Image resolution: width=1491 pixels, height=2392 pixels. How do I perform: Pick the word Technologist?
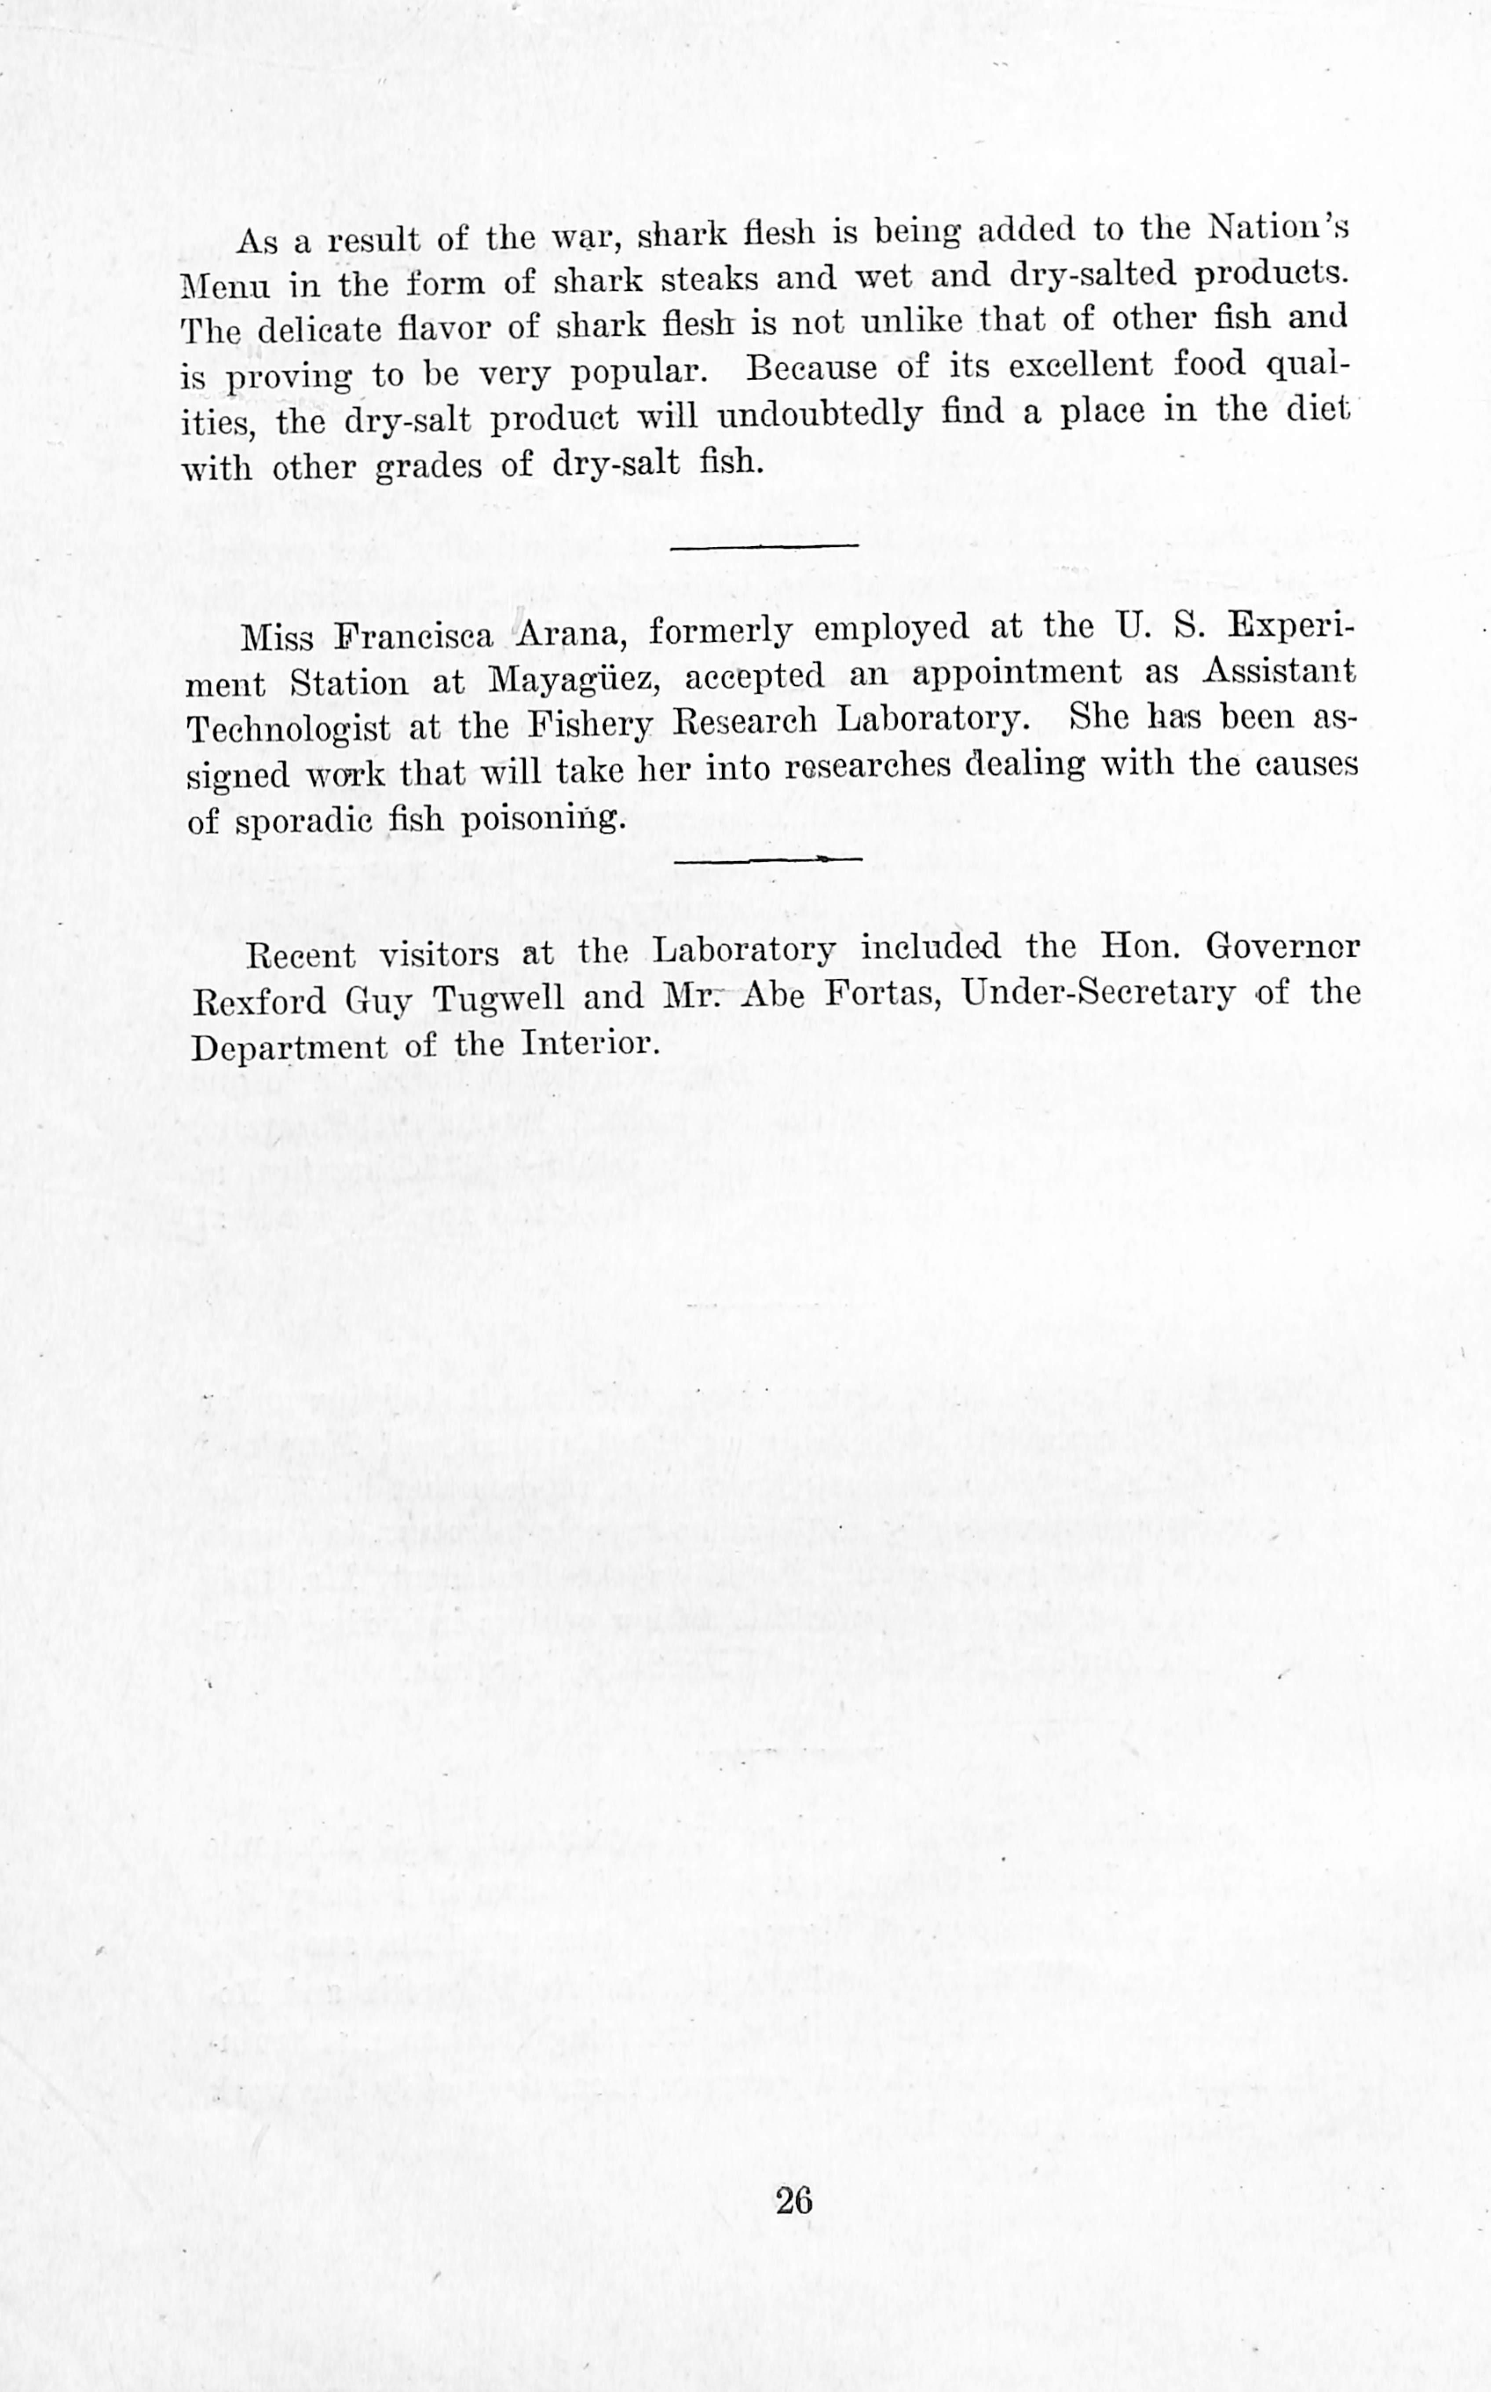point(288,729)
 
